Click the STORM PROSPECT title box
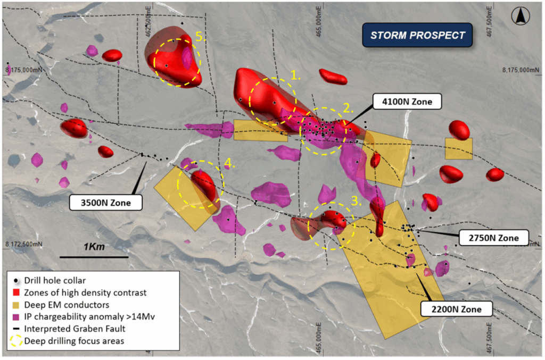tap(417, 36)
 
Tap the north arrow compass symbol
tap(519, 16)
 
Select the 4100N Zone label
tap(407, 101)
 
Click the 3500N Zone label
tap(106, 202)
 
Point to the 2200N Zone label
tap(456, 308)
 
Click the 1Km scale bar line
tap(94, 257)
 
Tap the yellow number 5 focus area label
tap(199, 37)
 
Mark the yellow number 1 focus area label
tap(296, 76)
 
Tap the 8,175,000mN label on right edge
tap(524, 70)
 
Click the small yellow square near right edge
tap(459, 148)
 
